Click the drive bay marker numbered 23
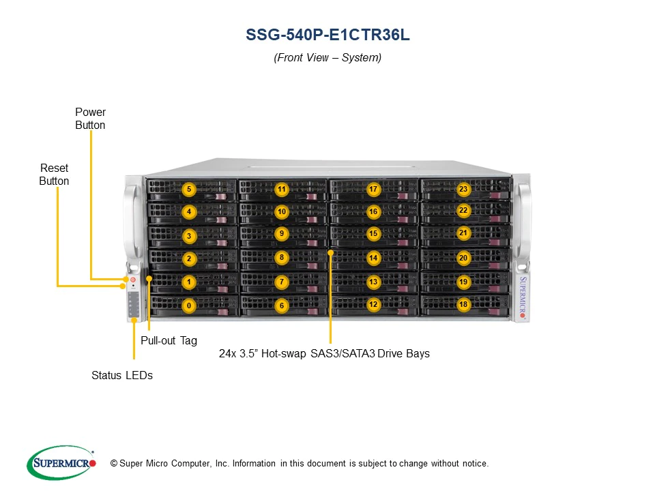(x=463, y=189)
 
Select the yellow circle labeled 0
(x=189, y=306)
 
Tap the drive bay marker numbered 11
(x=281, y=189)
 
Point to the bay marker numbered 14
(x=373, y=258)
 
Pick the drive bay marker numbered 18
(x=463, y=304)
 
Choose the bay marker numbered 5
(x=189, y=189)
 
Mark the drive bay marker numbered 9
(x=281, y=233)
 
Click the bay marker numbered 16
(x=373, y=212)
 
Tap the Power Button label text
(x=90, y=119)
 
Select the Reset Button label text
(x=54, y=175)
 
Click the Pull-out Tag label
(x=169, y=340)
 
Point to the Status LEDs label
(x=122, y=375)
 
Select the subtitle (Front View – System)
(x=327, y=58)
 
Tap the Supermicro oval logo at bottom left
(x=61, y=463)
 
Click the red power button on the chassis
(x=133, y=280)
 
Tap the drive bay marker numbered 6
(x=281, y=306)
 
